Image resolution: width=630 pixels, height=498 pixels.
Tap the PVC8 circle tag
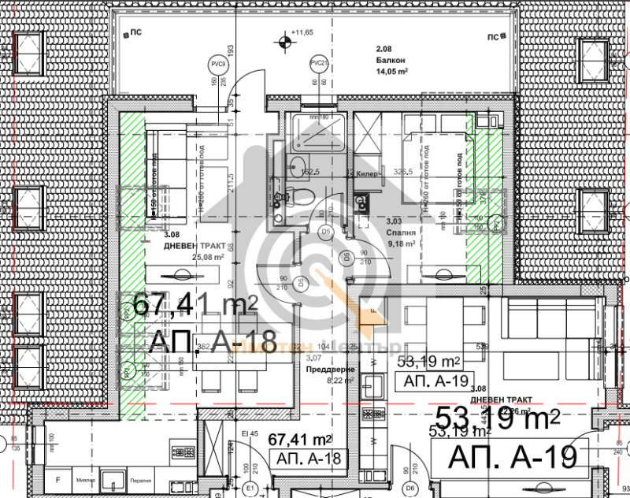(217, 63)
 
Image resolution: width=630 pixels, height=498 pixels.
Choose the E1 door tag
(250, 489)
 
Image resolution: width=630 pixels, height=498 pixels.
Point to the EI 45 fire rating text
(250, 433)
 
